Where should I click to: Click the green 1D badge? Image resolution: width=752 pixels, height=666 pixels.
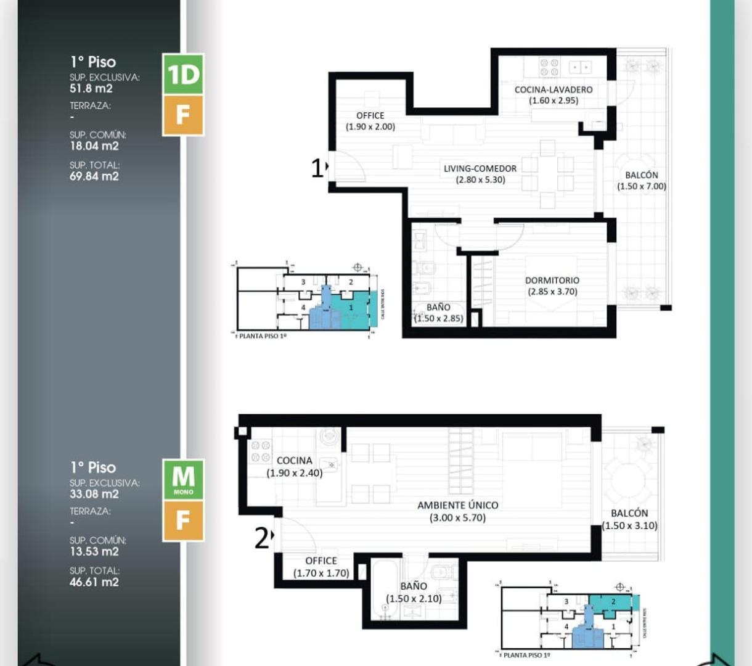coord(183,74)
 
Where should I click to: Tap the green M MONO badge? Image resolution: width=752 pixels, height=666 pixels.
coord(183,479)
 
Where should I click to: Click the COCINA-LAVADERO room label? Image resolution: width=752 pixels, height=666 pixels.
coord(553,89)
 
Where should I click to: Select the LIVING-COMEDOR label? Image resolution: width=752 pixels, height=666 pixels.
coord(480,168)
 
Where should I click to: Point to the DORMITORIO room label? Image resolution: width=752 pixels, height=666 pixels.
coord(552,280)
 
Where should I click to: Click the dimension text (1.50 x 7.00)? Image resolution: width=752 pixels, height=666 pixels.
coord(642,186)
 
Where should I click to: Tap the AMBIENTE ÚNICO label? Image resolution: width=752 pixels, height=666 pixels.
coord(457,505)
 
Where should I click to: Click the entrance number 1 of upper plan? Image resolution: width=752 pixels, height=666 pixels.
coord(317,168)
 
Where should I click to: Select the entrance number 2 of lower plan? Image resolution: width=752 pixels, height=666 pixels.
coord(261,538)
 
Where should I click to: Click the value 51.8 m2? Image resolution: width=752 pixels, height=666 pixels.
coord(91,88)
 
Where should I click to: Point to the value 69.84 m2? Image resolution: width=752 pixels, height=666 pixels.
coord(94,176)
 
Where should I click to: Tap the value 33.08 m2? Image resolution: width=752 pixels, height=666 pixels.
coord(94,494)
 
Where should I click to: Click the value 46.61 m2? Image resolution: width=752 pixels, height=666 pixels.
coord(94,582)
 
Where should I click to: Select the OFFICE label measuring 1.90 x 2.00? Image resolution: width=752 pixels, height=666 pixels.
coord(370,115)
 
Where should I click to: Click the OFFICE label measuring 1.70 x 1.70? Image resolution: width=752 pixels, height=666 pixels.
coord(321,561)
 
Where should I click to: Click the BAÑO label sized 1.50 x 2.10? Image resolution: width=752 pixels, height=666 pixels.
coord(413,586)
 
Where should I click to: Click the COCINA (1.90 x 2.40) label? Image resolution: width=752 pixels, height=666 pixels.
coord(294,461)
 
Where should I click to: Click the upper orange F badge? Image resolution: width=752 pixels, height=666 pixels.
coord(183,115)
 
